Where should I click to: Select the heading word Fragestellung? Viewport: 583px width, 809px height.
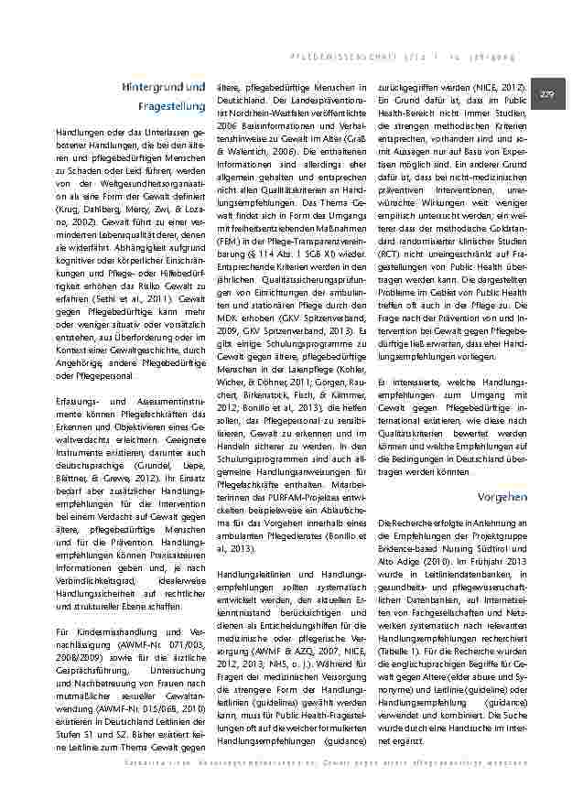175,107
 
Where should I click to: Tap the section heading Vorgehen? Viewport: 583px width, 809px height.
502,496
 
